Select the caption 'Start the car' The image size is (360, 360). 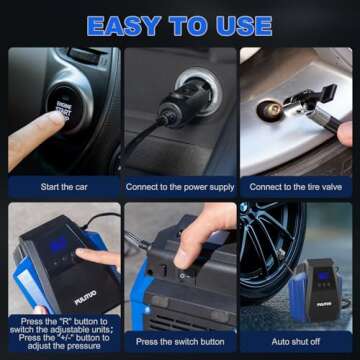point(63,186)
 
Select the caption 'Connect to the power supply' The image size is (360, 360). point(179,186)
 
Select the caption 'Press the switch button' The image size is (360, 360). point(179,341)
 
